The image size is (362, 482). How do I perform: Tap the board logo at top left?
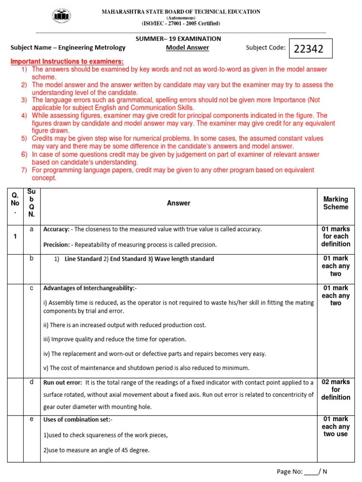click(x=62, y=17)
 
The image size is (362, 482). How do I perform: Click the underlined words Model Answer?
click(x=187, y=48)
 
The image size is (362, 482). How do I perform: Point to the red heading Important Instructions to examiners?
click(x=67, y=62)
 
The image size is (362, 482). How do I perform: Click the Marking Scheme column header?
click(x=336, y=203)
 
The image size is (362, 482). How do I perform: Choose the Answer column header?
click(x=178, y=203)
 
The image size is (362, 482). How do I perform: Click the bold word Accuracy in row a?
click(x=56, y=229)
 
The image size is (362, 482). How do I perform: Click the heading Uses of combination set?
click(x=78, y=419)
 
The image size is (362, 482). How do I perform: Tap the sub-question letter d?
click(x=32, y=382)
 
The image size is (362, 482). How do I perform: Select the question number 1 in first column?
click(x=15, y=236)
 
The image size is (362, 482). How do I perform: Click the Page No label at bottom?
click(x=289, y=472)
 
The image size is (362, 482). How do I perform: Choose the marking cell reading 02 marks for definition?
click(x=336, y=390)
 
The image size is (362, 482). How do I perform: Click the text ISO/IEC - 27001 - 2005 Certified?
click(x=181, y=24)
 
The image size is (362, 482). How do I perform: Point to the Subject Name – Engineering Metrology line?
click(x=68, y=48)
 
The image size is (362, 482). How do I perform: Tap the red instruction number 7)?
click(x=24, y=170)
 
